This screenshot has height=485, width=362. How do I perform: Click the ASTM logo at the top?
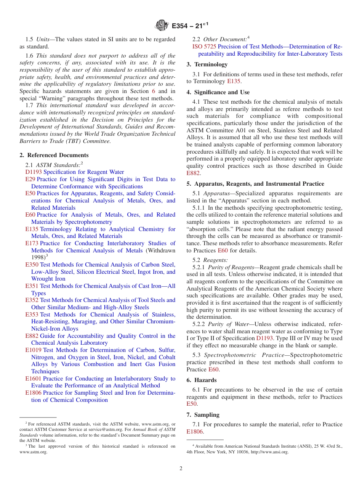tap(162, 26)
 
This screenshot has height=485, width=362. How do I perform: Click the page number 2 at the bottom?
tap(181, 469)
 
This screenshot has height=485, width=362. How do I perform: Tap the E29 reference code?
tap(30, 179)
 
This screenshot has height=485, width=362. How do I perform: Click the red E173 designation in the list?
tap(32, 243)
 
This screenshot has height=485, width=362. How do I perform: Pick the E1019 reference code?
tap(33, 350)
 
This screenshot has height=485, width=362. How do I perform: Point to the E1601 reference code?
tap(33, 379)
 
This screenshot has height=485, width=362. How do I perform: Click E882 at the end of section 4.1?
tap(193, 173)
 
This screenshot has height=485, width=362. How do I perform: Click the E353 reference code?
tap(32, 315)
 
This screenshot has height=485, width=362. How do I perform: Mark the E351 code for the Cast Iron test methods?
tap(32, 286)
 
